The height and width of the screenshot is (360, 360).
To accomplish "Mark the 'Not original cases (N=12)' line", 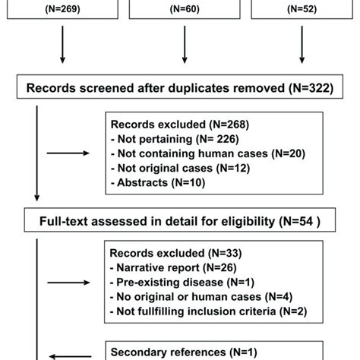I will [172, 169].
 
